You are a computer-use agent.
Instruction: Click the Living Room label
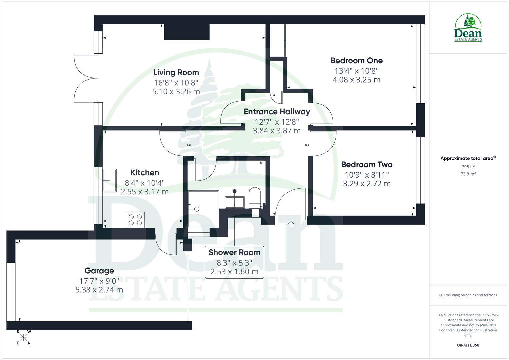(x=176, y=72)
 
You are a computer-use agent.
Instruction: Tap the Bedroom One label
(x=356, y=60)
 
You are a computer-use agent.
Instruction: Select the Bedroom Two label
(x=367, y=164)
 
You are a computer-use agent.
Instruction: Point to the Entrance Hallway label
(x=277, y=112)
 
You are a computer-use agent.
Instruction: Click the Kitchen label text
(x=145, y=172)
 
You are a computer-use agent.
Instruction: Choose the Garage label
(x=99, y=271)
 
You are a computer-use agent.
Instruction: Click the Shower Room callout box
(x=234, y=262)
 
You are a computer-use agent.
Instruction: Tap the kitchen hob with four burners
(x=135, y=220)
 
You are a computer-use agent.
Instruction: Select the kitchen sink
(x=110, y=181)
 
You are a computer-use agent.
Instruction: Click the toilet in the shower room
(x=255, y=198)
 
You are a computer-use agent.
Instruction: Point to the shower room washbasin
(x=235, y=202)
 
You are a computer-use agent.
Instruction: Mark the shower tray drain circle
(x=196, y=209)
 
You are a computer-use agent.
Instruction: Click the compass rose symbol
(x=23, y=337)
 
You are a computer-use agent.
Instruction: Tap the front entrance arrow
(x=291, y=224)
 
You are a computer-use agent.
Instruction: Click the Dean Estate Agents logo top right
(x=468, y=28)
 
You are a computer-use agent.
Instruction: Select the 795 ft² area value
(x=468, y=167)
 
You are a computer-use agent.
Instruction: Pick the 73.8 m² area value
(x=468, y=174)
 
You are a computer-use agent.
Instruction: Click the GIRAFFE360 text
(x=468, y=345)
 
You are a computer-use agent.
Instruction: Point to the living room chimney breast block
(x=187, y=32)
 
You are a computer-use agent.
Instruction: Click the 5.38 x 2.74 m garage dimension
(x=99, y=290)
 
